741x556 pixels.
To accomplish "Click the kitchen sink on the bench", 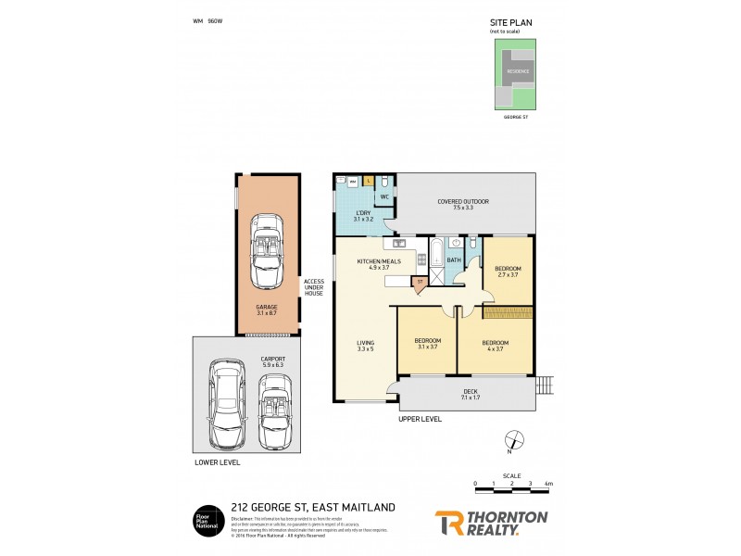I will (x=400, y=245).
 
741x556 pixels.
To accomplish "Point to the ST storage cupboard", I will (x=420, y=282).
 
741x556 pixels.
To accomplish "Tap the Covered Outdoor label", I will (x=463, y=201).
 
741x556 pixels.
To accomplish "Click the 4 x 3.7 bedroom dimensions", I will (x=494, y=349).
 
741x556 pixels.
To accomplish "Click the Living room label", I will (x=366, y=343).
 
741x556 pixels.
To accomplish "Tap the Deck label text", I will (x=471, y=391).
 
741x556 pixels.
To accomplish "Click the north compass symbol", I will (x=515, y=441).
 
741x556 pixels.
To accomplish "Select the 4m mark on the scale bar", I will (x=548, y=484).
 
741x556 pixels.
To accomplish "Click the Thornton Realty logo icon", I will (x=451, y=523).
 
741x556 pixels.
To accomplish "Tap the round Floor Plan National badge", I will (x=207, y=519).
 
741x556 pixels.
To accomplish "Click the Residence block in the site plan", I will (x=518, y=70).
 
